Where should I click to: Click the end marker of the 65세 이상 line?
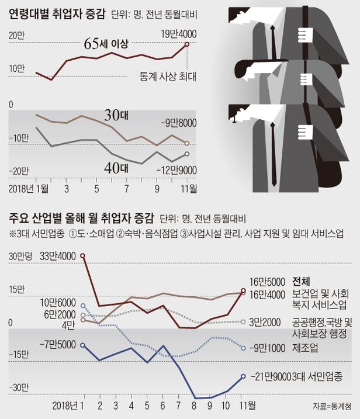(186, 44)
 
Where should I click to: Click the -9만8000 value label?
(181, 123)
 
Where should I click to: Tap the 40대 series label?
(116, 167)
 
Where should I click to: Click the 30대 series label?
(116, 115)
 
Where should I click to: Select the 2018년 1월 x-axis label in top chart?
(29, 189)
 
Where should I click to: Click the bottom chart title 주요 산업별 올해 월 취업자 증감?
(81, 219)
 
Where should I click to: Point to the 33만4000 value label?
(58, 255)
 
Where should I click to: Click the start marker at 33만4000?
(82, 256)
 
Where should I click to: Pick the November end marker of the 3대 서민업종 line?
(243, 376)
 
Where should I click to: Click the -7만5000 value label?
(59, 345)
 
